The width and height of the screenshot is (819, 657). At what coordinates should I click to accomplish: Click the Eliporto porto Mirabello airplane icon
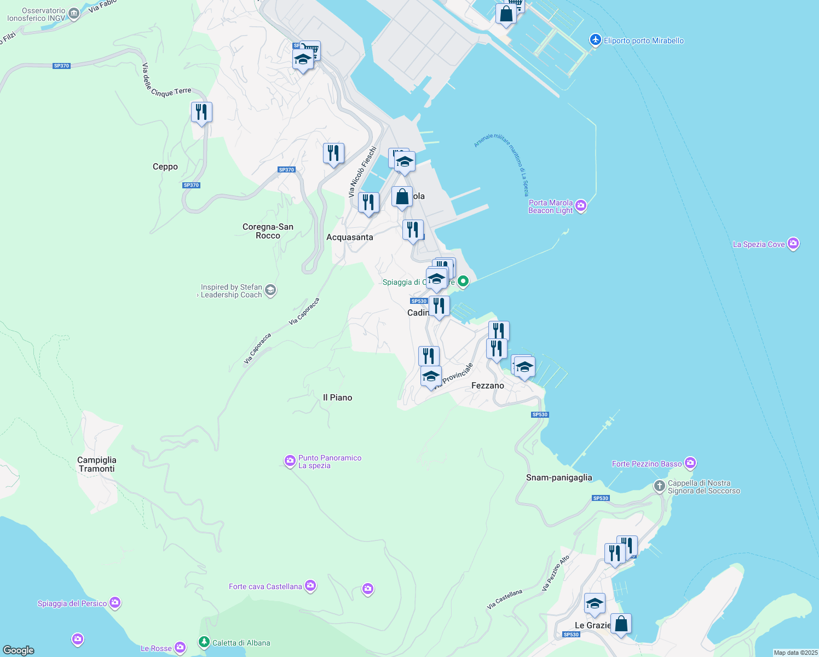click(x=595, y=40)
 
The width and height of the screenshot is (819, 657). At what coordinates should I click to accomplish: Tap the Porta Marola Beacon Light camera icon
click(x=581, y=206)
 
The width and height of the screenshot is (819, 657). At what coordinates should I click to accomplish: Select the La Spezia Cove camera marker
click(x=793, y=244)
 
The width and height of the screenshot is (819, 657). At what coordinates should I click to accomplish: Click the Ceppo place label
click(x=165, y=167)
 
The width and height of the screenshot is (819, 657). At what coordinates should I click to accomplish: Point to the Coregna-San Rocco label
click(x=268, y=231)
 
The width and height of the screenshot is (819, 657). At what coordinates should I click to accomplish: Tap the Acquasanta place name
click(x=349, y=237)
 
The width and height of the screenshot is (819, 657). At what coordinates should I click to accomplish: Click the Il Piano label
click(x=337, y=397)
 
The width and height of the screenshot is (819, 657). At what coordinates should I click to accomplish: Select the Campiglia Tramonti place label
click(x=96, y=464)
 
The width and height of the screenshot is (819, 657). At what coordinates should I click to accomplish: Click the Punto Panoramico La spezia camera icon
click(x=290, y=461)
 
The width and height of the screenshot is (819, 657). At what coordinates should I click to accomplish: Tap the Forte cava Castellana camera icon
click(x=310, y=586)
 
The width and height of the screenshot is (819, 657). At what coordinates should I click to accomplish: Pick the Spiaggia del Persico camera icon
click(x=114, y=603)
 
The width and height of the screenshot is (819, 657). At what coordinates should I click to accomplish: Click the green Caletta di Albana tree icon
click(x=204, y=642)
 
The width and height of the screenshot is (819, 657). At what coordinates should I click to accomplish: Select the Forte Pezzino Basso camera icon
click(x=690, y=463)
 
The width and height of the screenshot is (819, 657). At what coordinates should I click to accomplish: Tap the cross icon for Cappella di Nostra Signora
click(x=660, y=486)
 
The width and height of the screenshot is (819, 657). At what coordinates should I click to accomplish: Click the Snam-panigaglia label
click(x=559, y=477)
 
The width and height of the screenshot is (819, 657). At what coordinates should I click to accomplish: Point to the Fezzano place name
click(x=487, y=385)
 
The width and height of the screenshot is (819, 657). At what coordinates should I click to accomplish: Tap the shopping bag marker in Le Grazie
click(x=621, y=624)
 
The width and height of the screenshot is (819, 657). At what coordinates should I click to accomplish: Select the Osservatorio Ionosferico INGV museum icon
click(x=74, y=14)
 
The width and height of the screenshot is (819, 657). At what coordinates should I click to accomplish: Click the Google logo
click(x=19, y=650)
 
